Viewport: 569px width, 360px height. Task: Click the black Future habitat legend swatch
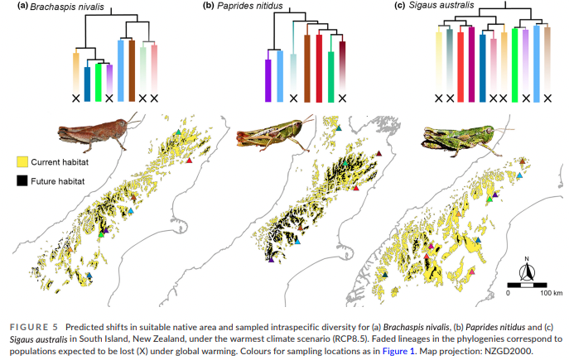tap(24, 178)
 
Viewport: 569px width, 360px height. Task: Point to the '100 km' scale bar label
tap(541, 293)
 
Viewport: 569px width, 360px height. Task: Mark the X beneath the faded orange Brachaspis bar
tap(77, 98)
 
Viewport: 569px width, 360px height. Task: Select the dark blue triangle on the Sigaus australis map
tap(479, 240)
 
